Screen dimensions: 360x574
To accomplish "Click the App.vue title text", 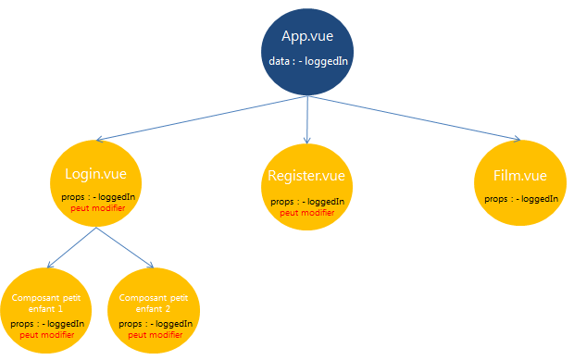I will click(x=307, y=37).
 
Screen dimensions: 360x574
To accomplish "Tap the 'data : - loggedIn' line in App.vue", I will click(x=307, y=61).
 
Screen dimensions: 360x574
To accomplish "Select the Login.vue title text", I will click(x=95, y=173).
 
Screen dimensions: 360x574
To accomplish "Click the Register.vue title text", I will click(x=307, y=176).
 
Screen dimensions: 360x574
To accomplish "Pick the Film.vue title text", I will click(x=521, y=176).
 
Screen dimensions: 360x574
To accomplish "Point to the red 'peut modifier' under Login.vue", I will click(x=97, y=207).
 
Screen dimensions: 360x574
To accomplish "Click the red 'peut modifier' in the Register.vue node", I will click(x=307, y=212).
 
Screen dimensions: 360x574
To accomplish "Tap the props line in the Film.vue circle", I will click(x=521, y=198).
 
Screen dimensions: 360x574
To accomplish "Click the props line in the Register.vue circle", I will click(x=307, y=201).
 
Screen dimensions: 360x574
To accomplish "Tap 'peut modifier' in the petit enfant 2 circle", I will click(x=156, y=335).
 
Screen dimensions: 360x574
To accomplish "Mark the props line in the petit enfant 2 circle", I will click(x=156, y=324).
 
